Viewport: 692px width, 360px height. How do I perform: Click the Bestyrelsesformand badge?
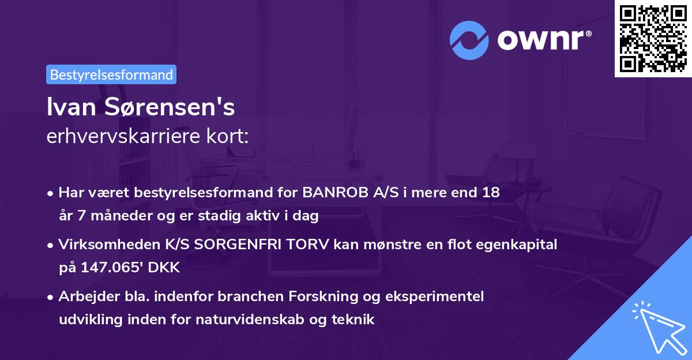point(111,74)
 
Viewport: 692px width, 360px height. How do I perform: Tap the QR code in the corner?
point(652,38)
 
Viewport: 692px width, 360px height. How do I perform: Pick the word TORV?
point(304,245)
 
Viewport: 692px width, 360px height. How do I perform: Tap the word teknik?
point(353,319)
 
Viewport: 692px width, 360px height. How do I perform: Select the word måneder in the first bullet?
point(111,216)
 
